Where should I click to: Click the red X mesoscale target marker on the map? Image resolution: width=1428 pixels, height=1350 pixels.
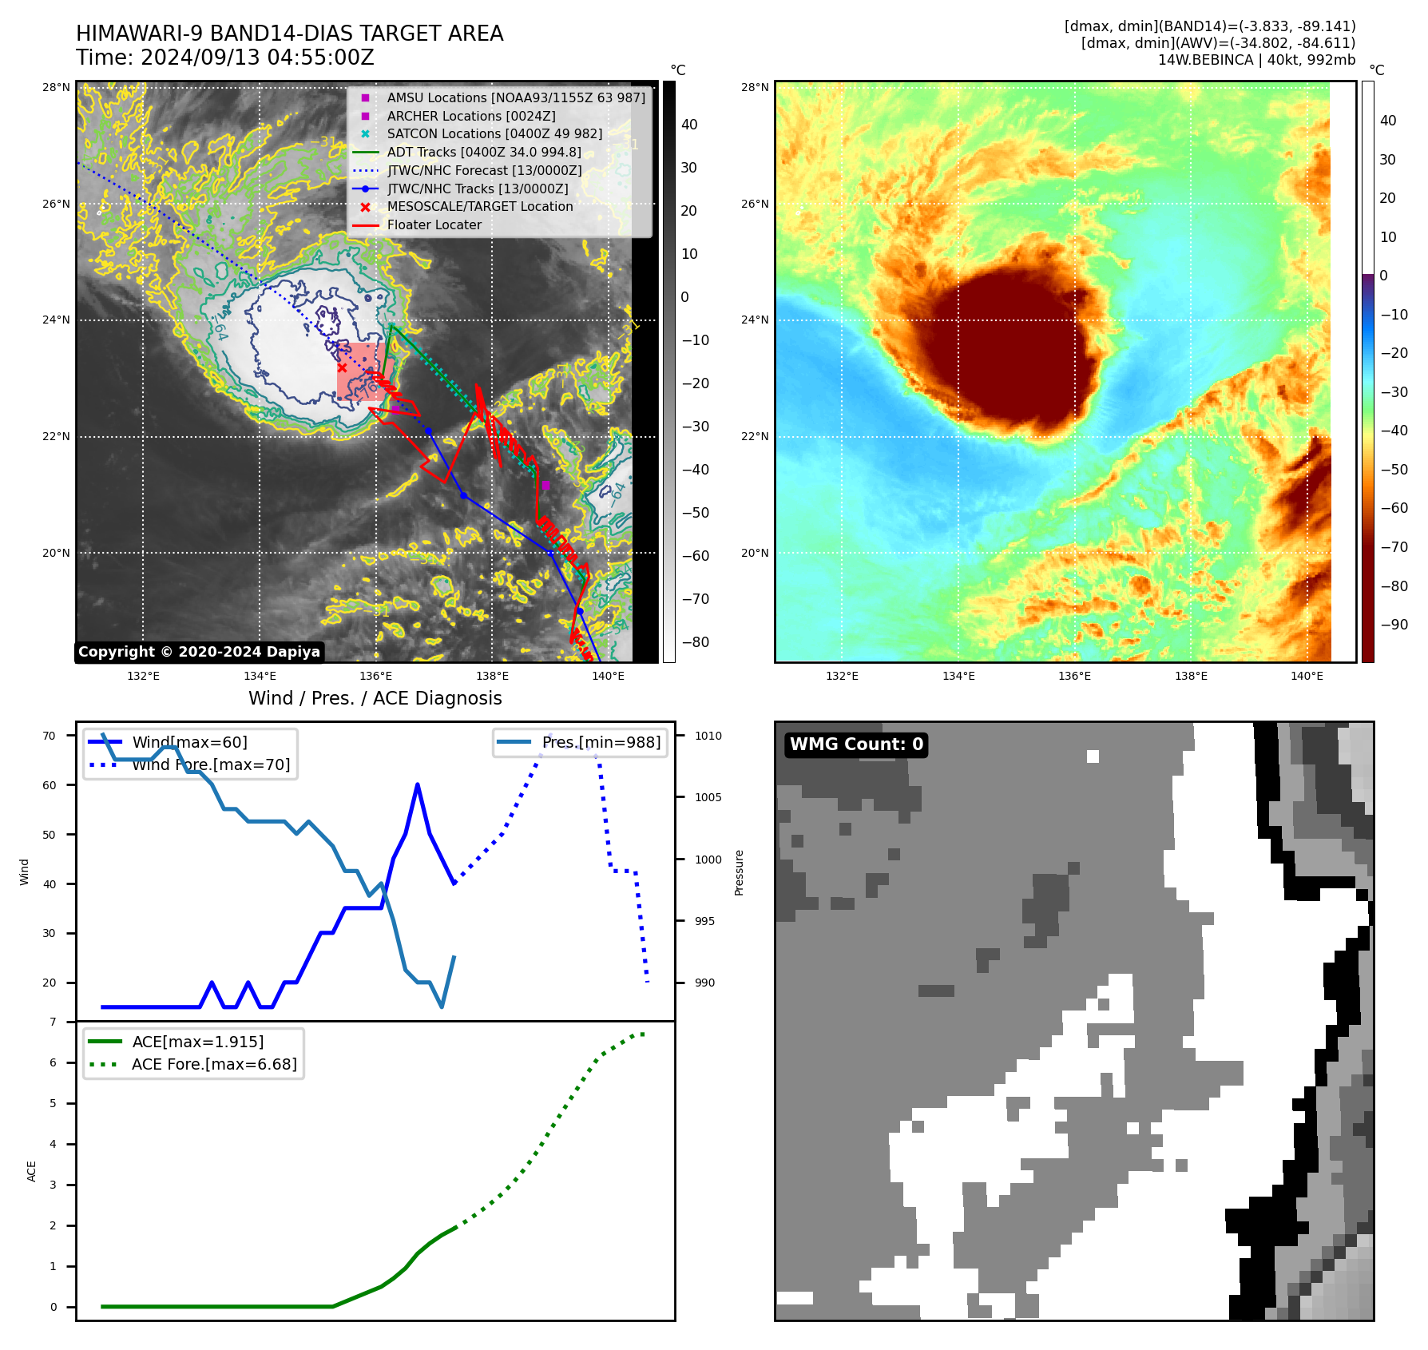click(342, 367)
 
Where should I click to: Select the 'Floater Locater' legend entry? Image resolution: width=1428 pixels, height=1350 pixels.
click(434, 225)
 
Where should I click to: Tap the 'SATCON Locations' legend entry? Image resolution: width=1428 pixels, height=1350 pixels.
click(494, 134)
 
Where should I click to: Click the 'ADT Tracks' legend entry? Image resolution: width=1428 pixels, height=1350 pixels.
click(483, 153)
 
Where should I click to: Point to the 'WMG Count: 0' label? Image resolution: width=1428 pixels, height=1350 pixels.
click(856, 744)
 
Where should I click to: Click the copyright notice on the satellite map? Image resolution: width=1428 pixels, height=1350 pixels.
click(199, 652)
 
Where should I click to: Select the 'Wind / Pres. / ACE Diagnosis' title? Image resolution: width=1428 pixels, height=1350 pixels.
click(375, 698)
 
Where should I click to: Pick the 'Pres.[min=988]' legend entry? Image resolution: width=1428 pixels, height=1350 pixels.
click(601, 742)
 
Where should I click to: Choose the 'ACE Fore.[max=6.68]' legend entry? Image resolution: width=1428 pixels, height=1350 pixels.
click(214, 1064)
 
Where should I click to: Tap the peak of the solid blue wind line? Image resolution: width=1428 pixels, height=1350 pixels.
click(418, 785)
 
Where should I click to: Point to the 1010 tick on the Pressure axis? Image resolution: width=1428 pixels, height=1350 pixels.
click(708, 736)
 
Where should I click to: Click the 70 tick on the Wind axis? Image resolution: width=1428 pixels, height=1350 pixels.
click(50, 736)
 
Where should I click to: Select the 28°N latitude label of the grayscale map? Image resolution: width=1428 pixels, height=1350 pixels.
click(56, 87)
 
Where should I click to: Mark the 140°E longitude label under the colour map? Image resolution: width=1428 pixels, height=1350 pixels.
click(1307, 676)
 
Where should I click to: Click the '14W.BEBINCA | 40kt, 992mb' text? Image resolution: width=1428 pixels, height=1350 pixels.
click(1256, 60)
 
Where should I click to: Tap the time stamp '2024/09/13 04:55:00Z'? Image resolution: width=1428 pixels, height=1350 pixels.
click(257, 58)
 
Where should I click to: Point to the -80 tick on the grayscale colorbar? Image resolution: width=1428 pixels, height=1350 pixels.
click(695, 642)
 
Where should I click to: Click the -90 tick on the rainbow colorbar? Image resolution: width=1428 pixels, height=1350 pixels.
click(1394, 625)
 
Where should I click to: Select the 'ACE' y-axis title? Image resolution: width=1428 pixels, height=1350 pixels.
click(32, 1171)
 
